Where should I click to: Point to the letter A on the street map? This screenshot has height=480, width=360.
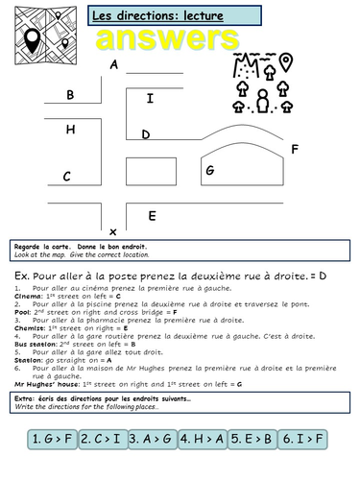(114, 65)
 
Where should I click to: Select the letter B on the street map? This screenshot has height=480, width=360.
(70, 95)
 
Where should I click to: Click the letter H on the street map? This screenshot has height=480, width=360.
(70, 129)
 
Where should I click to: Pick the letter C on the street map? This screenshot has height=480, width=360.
(67, 177)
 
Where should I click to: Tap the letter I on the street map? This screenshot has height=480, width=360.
(149, 98)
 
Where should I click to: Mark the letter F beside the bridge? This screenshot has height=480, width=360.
(295, 150)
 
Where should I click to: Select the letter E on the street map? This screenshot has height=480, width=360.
(152, 215)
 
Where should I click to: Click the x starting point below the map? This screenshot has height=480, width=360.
(113, 232)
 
